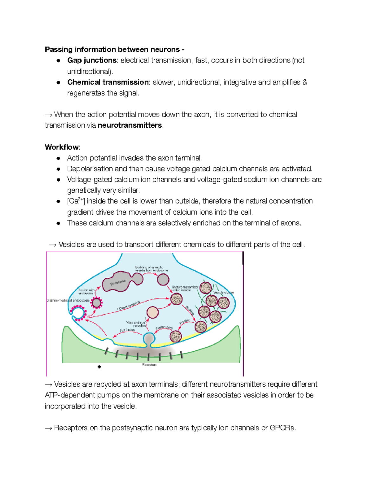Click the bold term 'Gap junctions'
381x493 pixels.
click(92, 60)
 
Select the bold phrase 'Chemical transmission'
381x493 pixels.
click(108, 82)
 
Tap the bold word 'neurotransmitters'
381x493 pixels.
click(130, 125)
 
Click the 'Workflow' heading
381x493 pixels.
click(62, 147)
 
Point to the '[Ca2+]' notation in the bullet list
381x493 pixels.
click(76, 201)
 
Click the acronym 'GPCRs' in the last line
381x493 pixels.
click(282, 428)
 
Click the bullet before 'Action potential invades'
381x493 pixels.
click(58, 158)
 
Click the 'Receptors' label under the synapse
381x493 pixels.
click(149, 365)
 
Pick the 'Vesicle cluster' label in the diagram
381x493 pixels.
click(224, 292)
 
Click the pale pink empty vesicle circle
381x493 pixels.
click(152, 312)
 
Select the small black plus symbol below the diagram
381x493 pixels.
click(99, 367)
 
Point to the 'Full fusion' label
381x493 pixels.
click(127, 330)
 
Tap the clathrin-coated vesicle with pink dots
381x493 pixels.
click(96, 303)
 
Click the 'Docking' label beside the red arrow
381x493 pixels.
click(189, 310)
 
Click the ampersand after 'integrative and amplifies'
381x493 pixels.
click(305, 82)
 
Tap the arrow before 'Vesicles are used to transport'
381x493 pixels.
click(53, 244)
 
